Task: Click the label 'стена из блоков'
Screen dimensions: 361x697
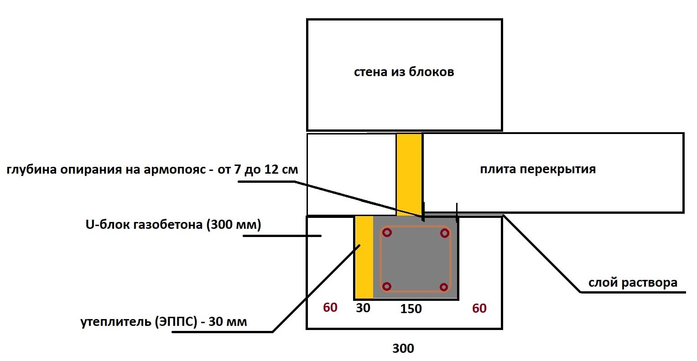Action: (404, 72)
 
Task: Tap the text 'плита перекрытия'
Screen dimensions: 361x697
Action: (538, 170)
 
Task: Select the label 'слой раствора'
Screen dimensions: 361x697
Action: (633, 283)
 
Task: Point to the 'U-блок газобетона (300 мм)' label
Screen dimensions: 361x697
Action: (173, 225)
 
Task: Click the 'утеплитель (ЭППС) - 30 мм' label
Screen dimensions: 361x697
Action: (164, 322)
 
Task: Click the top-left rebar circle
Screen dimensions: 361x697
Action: (387, 232)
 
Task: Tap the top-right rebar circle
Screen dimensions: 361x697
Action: (445, 233)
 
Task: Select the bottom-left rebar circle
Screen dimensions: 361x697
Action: (387, 287)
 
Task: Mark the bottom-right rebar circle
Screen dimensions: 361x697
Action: (444, 287)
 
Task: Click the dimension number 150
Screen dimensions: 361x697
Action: (411, 309)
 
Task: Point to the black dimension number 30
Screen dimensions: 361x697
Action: (363, 308)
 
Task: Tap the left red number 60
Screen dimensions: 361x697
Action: (330, 308)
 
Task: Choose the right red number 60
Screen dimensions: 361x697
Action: (479, 309)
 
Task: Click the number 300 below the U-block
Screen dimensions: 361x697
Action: (403, 349)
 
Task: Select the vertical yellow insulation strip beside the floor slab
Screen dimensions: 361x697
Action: (409, 173)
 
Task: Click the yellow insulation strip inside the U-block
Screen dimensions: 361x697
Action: (364, 258)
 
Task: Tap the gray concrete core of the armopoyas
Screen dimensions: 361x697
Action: (416, 260)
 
